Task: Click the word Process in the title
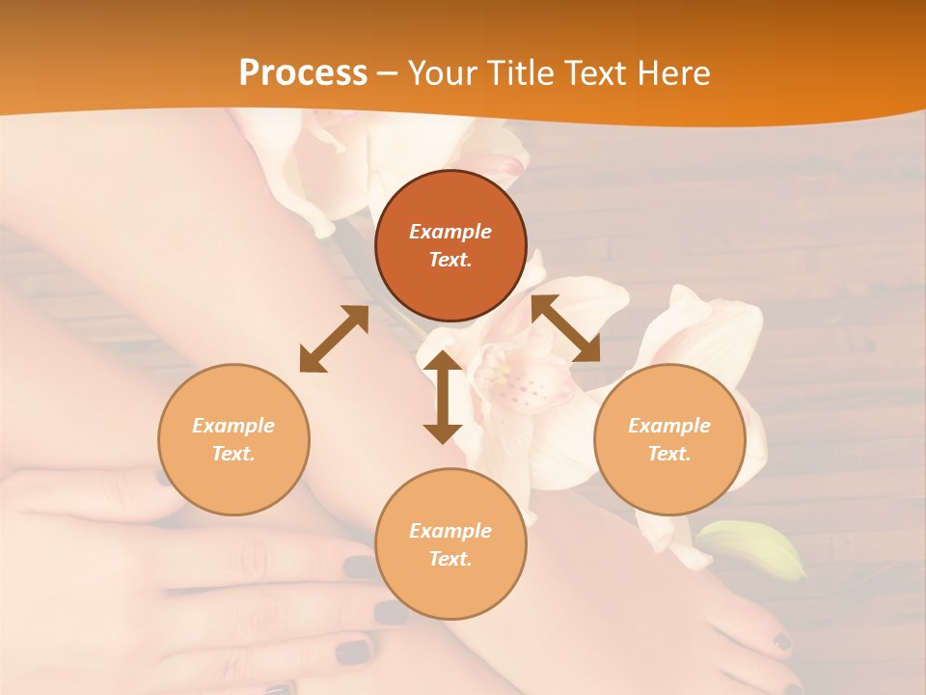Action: coord(303,73)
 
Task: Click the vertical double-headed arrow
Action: coord(443,397)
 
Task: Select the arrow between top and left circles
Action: coord(334,339)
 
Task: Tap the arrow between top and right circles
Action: coord(566,329)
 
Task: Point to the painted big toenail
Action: coord(781,641)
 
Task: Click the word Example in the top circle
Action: coord(450,232)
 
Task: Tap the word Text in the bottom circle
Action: coord(450,559)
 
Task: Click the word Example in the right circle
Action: coord(669,426)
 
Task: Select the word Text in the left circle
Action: coord(233,454)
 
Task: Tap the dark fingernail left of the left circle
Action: coord(164,476)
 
